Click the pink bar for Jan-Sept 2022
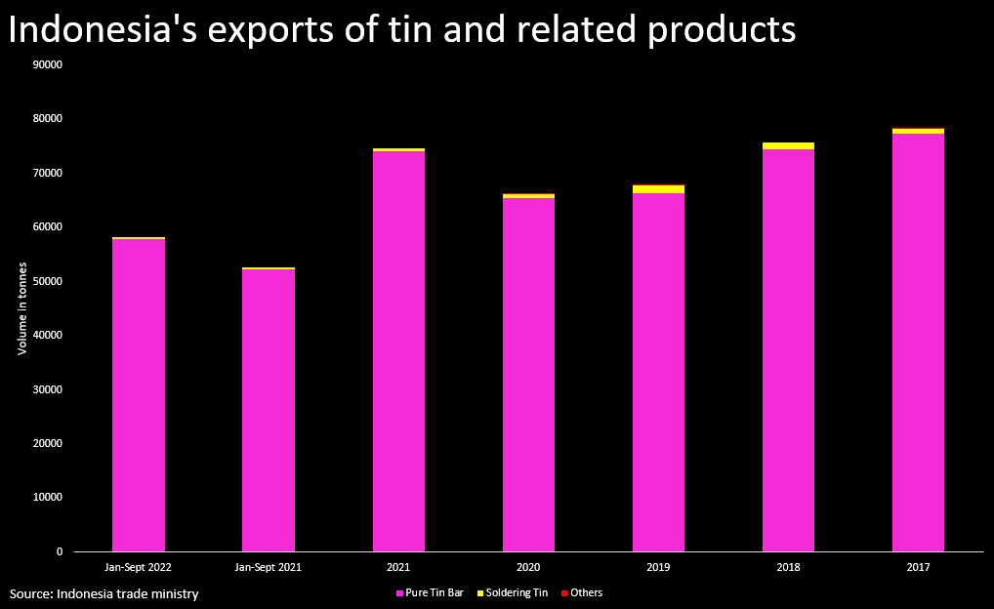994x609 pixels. pyautogui.click(x=139, y=395)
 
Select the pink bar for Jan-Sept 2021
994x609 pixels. pyautogui.click(x=269, y=410)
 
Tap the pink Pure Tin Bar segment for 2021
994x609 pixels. pyautogui.click(x=398, y=351)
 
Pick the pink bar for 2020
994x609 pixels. pyautogui.click(x=528, y=375)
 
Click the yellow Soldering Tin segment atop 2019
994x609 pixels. pyautogui.click(x=658, y=189)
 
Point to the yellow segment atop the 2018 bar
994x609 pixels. pyautogui.click(x=788, y=146)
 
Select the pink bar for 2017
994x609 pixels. pyautogui.click(x=918, y=343)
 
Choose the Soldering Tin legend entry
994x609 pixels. pyautogui.click(x=517, y=592)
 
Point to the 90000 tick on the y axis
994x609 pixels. pyautogui.click(x=47, y=64)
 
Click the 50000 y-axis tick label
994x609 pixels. pyautogui.click(x=47, y=281)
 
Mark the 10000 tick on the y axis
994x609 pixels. pyautogui.click(x=47, y=498)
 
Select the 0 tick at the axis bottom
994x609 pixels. pyautogui.click(x=59, y=551)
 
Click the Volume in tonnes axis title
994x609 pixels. pyautogui.click(x=21, y=307)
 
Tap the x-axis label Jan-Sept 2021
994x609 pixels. pyautogui.click(x=269, y=566)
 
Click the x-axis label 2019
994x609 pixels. pyautogui.click(x=658, y=566)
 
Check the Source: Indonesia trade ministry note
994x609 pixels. pyautogui.click(x=104, y=593)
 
